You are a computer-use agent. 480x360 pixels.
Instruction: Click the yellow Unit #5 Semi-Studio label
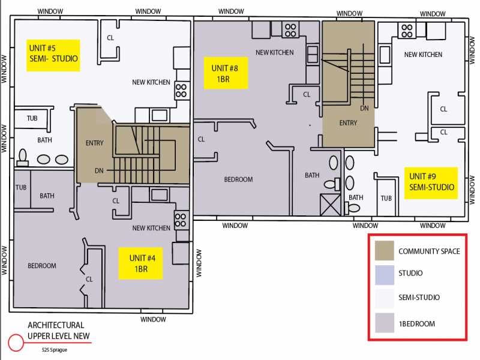pyautogui.click(x=53, y=55)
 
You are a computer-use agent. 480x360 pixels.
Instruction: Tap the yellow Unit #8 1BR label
pyautogui.click(x=226, y=73)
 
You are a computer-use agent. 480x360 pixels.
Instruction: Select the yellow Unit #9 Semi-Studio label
pyautogui.click(x=431, y=183)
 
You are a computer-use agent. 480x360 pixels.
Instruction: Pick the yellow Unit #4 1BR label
pyautogui.click(x=141, y=263)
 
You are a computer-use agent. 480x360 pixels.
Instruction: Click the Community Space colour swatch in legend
pyautogui.click(x=385, y=250)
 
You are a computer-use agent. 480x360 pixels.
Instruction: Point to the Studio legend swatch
pyautogui.click(x=385, y=275)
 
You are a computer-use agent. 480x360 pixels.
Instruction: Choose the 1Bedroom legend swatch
pyautogui.click(x=385, y=323)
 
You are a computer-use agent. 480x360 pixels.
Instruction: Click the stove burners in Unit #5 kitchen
pyautogui.click(x=181, y=91)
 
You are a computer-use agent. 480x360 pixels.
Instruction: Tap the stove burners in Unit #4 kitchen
pyautogui.click(x=181, y=220)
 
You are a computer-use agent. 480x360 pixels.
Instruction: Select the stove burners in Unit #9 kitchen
pyautogui.click(x=407, y=31)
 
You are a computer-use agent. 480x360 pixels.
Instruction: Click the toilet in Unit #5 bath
pyautogui.click(x=23, y=157)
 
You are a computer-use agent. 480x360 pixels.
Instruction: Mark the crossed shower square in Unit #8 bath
pyautogui.click(x=331, y=205)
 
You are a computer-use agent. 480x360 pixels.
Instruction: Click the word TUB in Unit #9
pyautogui.click(x=386, y=199)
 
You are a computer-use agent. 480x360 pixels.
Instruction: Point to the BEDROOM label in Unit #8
pyautogui.click(x=238, y=179)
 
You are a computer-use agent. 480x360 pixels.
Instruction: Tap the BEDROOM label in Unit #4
pyautogui.click(x=42, y=266)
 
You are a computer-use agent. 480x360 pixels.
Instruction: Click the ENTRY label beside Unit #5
pyautogui.click(x=95, y=143)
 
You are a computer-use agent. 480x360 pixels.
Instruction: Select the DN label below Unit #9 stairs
pyautogui.click(x=364, y=108)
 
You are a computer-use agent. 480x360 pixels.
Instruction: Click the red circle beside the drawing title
pyautogui.click(x=16, y=342)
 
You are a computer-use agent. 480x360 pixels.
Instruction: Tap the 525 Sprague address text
pyautogui.click(x=55, y=350)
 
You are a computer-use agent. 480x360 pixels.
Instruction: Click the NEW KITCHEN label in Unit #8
pyautogui.click(x=275, y=53)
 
